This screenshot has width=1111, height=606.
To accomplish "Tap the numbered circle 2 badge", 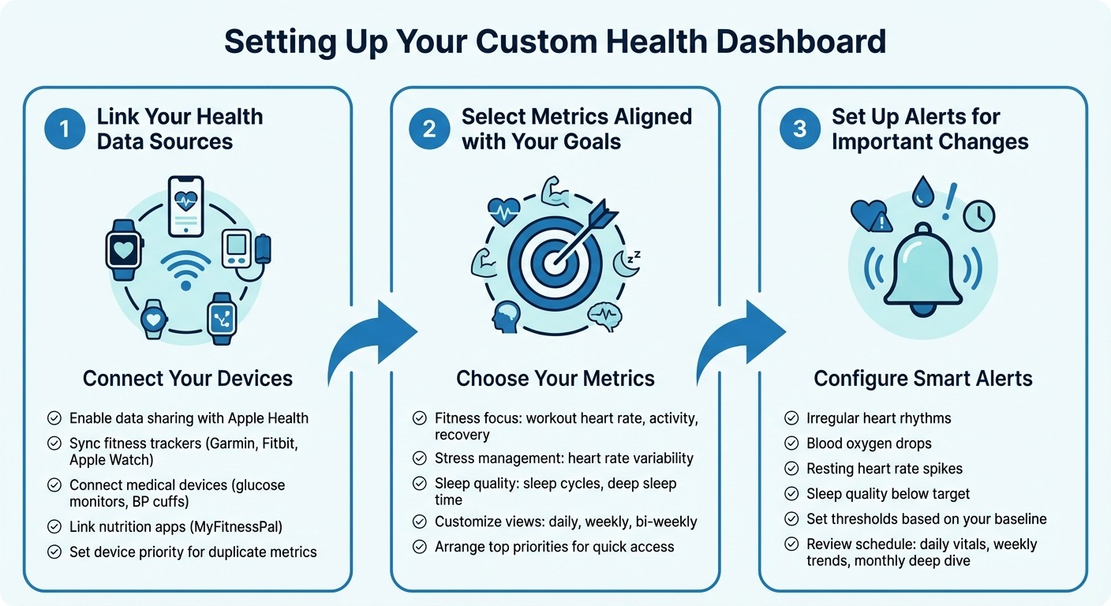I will coord(429,129).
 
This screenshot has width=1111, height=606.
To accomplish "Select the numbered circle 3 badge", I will coord(799,129).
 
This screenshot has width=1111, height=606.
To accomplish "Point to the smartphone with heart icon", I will coord(186,206).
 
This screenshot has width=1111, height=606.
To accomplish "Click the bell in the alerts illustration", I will coord(922,269).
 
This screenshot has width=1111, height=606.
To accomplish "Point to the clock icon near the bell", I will coord(978,215).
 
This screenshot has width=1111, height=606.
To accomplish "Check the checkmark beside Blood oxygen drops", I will coord(791,443).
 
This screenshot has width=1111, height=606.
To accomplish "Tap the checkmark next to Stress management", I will coord(420,458).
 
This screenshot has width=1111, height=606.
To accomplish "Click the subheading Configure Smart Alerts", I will coord(922,379).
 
